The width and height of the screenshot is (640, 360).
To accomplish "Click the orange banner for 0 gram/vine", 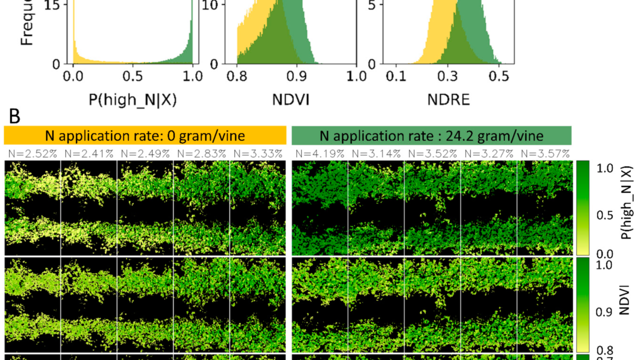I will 145,135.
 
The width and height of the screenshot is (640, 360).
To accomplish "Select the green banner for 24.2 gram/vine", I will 431,135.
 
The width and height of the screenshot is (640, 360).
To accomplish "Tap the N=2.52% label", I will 32,153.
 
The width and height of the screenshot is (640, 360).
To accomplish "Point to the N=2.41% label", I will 88,153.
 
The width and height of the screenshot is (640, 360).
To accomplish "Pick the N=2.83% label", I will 201,153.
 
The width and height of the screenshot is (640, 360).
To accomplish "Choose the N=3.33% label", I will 258,153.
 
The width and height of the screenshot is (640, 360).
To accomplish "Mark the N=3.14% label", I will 376,153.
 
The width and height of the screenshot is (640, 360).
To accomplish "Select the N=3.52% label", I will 432,153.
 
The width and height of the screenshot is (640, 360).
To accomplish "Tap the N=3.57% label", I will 545,153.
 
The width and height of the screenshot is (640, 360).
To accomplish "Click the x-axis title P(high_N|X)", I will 133,99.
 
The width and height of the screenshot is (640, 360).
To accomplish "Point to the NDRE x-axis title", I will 448,99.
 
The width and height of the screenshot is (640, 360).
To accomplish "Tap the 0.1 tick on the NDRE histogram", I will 395,76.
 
